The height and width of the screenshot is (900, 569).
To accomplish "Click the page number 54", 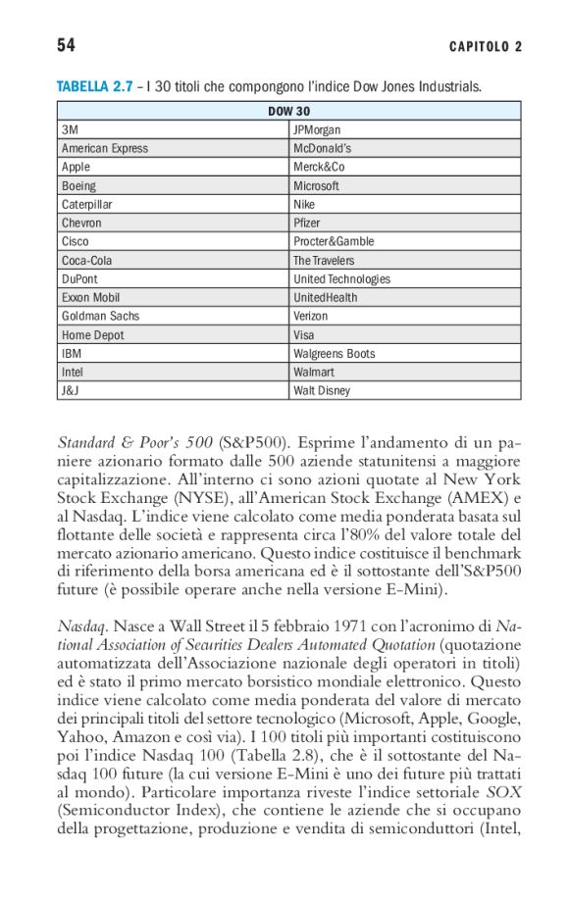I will [67, 45].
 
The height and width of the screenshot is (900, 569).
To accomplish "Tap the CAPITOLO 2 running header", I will [486, 47].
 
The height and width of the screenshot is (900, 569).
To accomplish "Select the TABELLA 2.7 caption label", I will [94, 88].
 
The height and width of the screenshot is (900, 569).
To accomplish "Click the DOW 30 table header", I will [288, 111].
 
